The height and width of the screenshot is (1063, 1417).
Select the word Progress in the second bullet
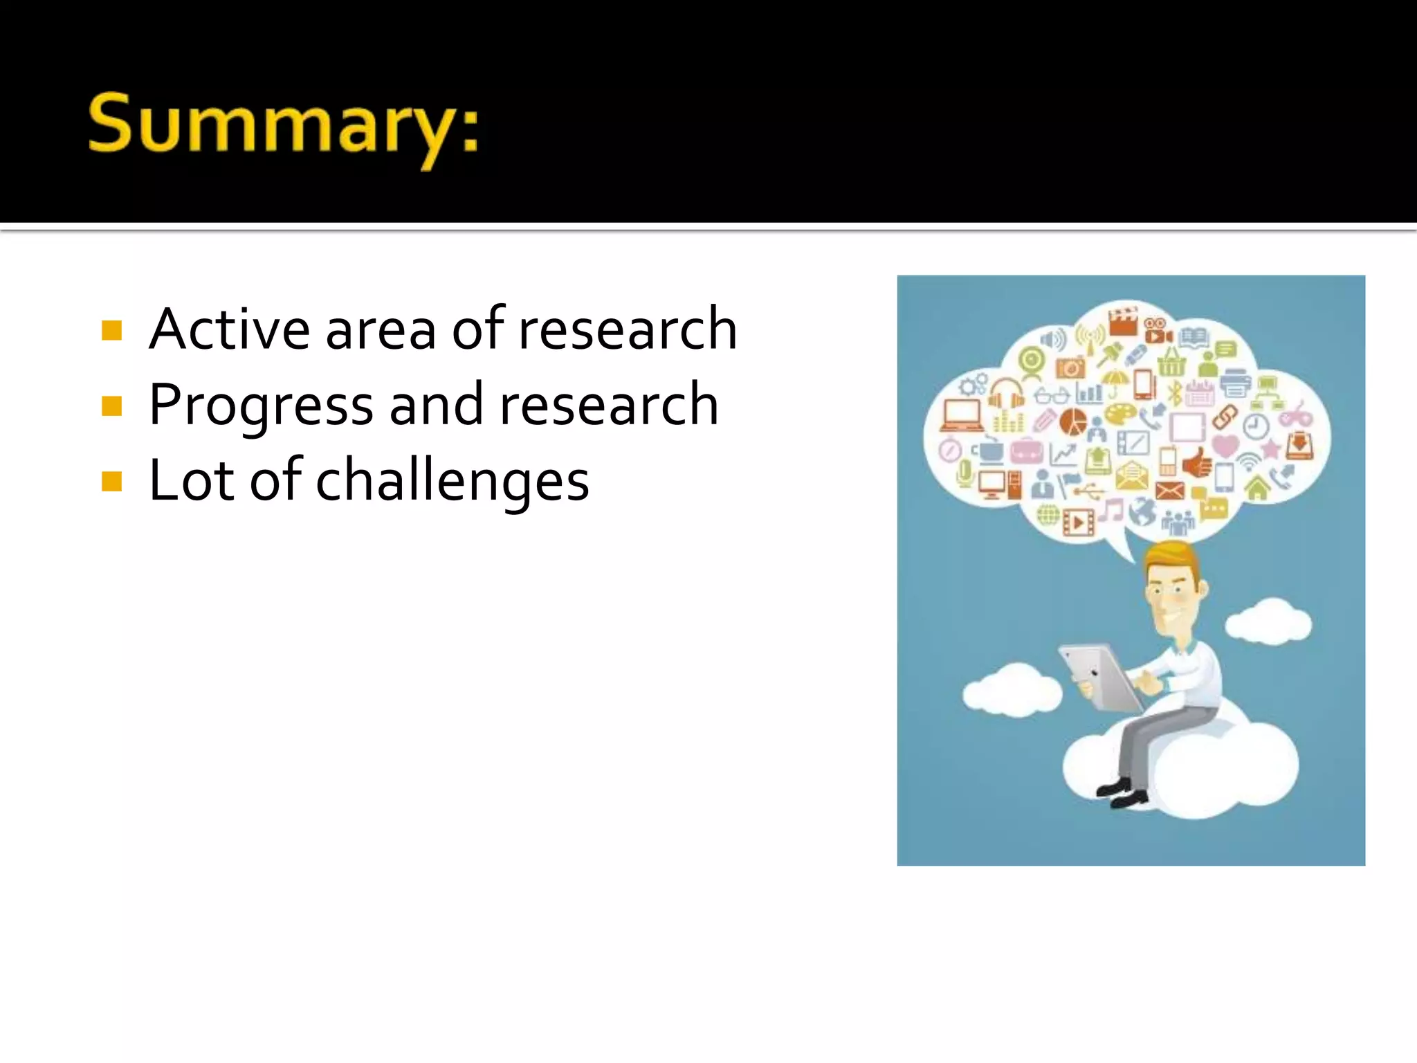(261, 406)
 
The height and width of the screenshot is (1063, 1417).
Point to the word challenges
(452, 480)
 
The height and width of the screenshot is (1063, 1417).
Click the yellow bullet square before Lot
(111, 481)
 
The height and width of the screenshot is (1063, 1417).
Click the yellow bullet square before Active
(111, 330)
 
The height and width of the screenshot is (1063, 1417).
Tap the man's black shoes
(1121, 793)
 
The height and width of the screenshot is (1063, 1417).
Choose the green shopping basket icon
(1171, 362)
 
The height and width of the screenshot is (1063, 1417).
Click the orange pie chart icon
(1073, 420)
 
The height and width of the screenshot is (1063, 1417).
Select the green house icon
(1257, 488)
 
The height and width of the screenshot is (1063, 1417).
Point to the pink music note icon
(1111, 511)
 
